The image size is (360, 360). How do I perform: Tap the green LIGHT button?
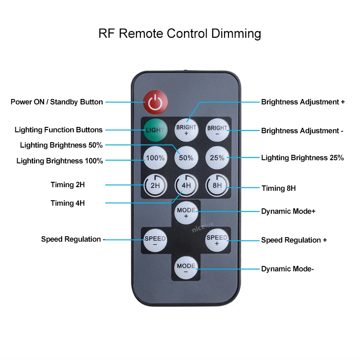[155, 130]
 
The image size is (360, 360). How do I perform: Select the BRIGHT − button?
[217, 130]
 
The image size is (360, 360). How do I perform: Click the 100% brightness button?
[155, 158]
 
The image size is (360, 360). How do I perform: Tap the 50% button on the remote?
[186, 158]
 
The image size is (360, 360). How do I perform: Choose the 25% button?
[217, 158]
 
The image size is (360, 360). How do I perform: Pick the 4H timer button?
[186, 185]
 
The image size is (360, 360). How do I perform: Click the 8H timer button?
[217, 185]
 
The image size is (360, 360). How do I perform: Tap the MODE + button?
[186, 212]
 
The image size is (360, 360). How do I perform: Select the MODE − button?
[186, 268]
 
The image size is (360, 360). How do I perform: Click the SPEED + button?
[217, 240]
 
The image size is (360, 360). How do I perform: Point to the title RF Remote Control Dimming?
[180, 34]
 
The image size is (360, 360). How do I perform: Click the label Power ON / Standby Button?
[57, 102]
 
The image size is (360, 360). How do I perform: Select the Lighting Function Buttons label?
[58, 130]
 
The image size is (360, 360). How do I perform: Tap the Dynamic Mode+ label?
[288, 211]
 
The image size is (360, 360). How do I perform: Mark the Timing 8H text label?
[279, 189]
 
